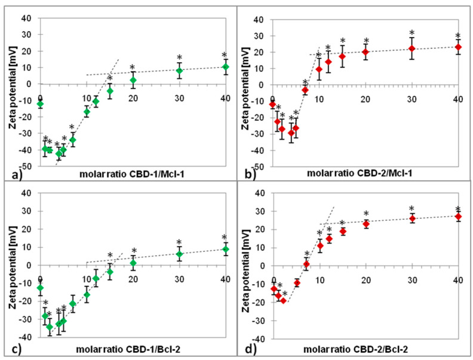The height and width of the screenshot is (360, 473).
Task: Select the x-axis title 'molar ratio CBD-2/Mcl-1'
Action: (361, 175)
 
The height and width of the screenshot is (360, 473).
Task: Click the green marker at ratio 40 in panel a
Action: (225, 67)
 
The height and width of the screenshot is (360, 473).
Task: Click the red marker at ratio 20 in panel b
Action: (365, 52)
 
